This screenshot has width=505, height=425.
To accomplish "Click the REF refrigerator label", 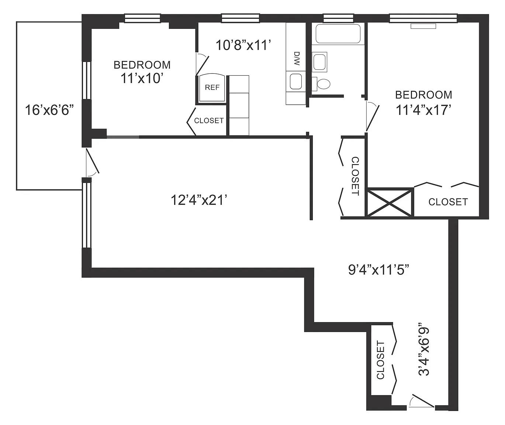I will point(212,87).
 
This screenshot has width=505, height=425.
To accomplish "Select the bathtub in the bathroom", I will point(338,34).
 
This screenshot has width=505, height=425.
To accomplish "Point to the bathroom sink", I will point(319,62).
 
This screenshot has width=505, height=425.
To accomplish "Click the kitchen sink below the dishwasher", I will point(296,82).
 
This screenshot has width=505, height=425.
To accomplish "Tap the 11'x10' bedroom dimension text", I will point(142,78).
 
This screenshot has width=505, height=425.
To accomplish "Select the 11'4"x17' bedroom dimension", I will point(423,110).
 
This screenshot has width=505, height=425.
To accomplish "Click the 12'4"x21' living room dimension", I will point(198,200).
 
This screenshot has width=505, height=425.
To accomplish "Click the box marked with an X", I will point(391,202).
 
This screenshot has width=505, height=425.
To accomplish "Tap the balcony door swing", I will point(92,163).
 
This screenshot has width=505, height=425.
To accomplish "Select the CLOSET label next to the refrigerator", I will point(209,121).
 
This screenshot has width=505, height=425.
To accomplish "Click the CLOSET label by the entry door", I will point(380,360).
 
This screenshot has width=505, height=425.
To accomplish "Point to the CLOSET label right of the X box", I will point(448,202).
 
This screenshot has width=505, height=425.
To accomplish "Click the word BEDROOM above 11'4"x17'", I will point(423,95).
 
